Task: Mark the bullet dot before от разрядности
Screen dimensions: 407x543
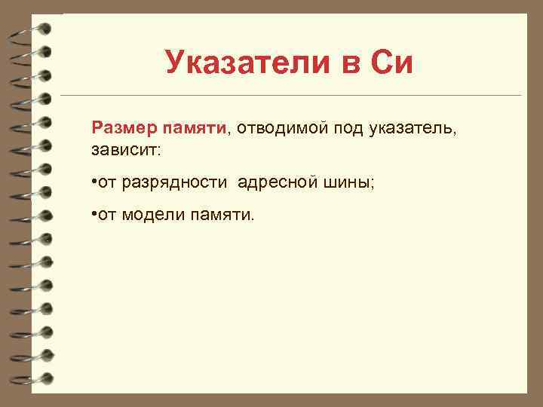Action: (90, 182)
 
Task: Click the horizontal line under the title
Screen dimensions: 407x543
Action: (290, 96)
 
